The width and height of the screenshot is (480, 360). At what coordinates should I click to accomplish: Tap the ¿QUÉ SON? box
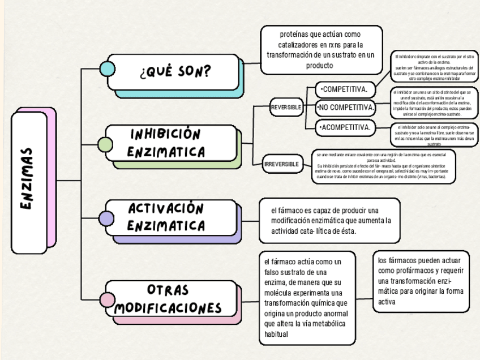click(173, 72)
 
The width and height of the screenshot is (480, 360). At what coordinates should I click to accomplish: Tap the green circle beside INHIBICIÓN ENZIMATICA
click(105, 144)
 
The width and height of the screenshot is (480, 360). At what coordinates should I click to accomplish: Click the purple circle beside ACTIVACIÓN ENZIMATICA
click(106, 218)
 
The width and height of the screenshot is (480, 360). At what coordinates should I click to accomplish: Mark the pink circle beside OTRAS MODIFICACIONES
click(107, 300)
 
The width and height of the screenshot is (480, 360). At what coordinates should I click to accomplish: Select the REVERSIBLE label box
click(286, 107)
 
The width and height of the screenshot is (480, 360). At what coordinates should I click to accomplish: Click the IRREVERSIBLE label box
click(281, 164)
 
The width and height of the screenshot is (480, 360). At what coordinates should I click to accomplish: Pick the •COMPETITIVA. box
click(345, 89)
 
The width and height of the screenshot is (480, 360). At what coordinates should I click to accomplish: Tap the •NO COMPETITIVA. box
click(346, 108)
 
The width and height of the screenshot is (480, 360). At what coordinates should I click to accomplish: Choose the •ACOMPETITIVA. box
click(345, 127)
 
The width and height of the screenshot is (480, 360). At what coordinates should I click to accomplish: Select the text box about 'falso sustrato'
click(306, 298)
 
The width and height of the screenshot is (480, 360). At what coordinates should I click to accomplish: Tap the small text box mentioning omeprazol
click(384, 167)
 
